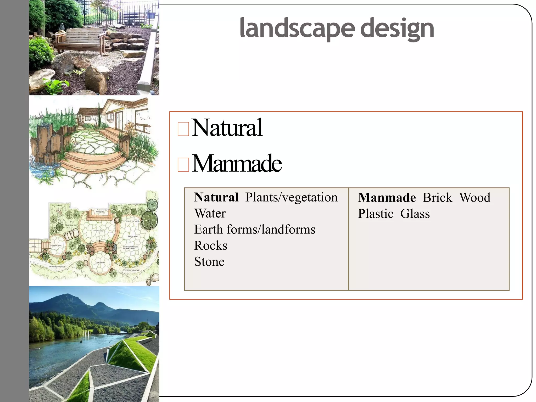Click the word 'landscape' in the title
point(297,28)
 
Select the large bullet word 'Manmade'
point(237,164)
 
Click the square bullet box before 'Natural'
point(183,129)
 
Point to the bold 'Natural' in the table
point(216,197)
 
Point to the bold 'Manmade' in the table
point(387,198)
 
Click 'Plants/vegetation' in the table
point(291,197)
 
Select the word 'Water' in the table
point(210,213)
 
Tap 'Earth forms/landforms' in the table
point(255,230)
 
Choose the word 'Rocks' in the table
point(211,245)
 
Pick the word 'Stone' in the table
point(209,262)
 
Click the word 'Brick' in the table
point(437,198)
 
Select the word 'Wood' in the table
point(475,198)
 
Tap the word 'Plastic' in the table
point(376,214)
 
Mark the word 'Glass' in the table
point(415,214)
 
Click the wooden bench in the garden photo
point(81,39)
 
